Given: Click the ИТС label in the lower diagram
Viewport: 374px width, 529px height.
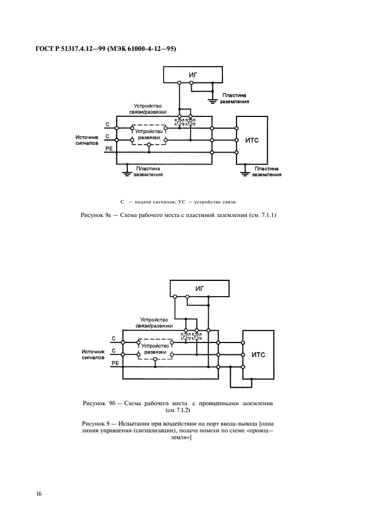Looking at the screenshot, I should coord(258,354).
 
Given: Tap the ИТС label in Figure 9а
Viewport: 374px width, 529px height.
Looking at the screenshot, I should coord(253,140).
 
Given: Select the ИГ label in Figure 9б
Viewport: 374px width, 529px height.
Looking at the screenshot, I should coord(199,288).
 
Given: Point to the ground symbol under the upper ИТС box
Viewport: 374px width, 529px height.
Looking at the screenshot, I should coord(245,171).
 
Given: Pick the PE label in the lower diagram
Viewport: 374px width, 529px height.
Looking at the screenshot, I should coord(114,365).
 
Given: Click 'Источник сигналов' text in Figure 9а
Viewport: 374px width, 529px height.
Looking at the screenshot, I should coord(87,140).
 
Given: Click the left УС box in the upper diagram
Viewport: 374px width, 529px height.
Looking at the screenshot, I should coord(179,122).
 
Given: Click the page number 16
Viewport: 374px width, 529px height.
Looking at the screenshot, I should coord(39,494).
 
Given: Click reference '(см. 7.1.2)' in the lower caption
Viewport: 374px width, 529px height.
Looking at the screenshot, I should coord(178,411).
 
